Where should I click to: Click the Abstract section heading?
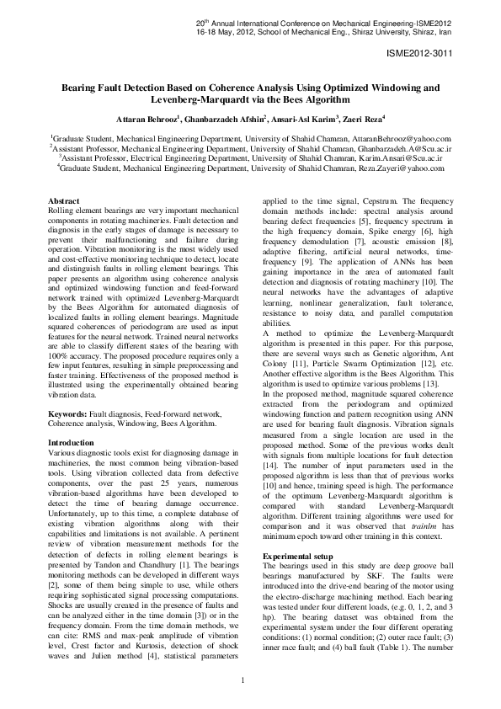tap(62, 200)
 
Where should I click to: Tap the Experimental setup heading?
tap(299, 557)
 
